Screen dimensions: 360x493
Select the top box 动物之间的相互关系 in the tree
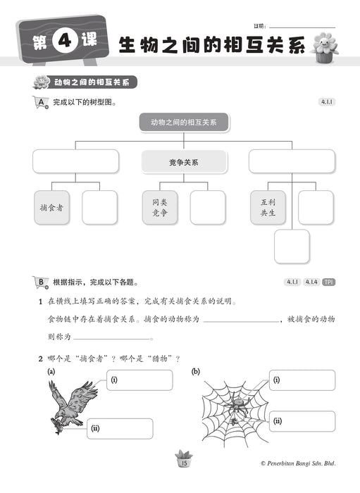tap(183, 122)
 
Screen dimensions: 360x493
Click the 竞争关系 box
tap(183, 162)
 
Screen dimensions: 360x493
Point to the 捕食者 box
tap(51, 208)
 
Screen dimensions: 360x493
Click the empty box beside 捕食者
tap(99, 208)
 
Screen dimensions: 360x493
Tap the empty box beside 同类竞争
tap(208, 208)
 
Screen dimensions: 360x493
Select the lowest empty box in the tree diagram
tap(292, 246)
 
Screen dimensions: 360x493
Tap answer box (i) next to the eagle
tap(139, 380)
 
